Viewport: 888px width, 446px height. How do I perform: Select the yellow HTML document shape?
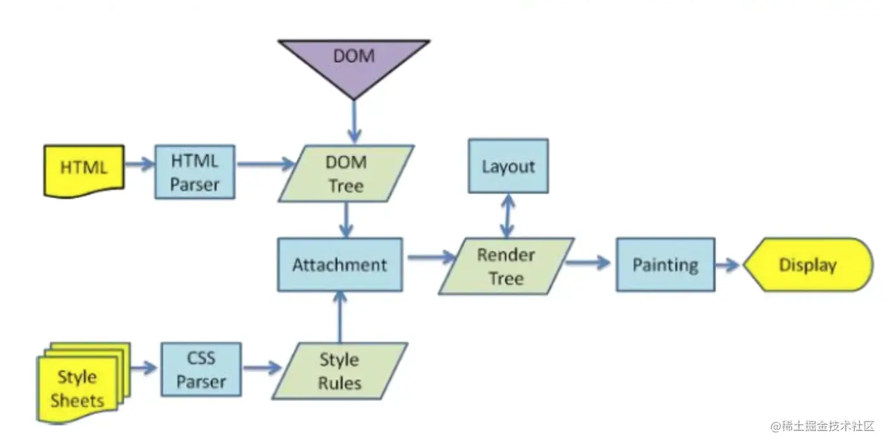84,169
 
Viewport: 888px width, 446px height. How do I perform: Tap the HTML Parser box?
194,172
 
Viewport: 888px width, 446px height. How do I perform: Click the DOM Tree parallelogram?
346,174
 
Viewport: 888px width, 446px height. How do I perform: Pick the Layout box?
508,166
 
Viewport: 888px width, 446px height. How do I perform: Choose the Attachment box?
339,265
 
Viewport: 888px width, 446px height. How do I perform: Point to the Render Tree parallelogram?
506,266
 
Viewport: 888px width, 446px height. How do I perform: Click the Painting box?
665,265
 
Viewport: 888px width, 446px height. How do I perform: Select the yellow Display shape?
807,265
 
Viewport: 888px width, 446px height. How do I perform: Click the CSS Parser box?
201,369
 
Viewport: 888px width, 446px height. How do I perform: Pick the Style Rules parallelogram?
339,371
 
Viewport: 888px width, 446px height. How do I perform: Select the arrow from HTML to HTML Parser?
138,164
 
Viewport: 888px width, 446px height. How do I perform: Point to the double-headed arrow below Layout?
507,215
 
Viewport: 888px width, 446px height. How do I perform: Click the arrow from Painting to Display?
728,265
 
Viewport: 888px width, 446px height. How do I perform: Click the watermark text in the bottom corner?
823,426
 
